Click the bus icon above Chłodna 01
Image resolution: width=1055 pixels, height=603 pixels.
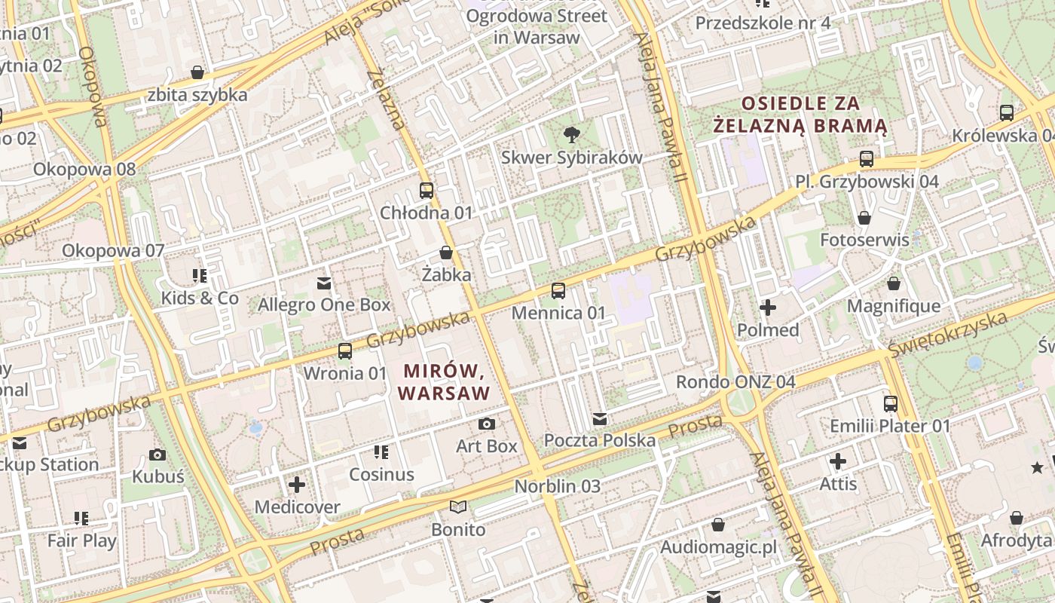coord(426,191)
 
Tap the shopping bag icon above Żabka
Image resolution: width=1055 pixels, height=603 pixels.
coord(445,253)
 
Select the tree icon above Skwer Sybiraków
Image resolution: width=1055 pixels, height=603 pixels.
coord(571,135)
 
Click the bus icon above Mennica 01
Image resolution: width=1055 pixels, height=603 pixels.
coord(558,290)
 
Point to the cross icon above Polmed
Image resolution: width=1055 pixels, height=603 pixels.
coord(768,308)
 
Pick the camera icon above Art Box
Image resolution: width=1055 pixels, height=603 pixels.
coord(487,424)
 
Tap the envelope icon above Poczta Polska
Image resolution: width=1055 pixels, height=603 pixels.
coord(600,418)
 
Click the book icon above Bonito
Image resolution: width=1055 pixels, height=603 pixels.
coord(458,507)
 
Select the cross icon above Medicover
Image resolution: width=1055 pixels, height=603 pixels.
coord(297,484)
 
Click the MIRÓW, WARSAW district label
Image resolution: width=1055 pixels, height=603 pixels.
coord(444,381)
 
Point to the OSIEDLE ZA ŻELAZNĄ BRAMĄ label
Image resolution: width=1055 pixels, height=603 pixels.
coord(800,114)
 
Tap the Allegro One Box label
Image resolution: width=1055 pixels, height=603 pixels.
coord(324,305)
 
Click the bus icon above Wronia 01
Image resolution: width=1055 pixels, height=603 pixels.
coord(344,350)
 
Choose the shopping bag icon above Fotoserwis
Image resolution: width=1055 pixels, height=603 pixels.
coord(864,218)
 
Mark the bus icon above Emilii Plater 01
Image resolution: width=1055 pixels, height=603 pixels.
coord(891,404)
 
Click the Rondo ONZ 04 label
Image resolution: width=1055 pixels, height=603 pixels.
coord(735,381)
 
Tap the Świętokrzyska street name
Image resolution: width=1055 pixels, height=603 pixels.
coord(947,334)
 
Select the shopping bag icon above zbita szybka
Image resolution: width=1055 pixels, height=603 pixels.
coord(197,72)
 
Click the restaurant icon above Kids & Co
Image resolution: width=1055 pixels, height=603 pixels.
coord(200,276)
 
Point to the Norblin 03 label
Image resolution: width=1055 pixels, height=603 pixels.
coord(558,486)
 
